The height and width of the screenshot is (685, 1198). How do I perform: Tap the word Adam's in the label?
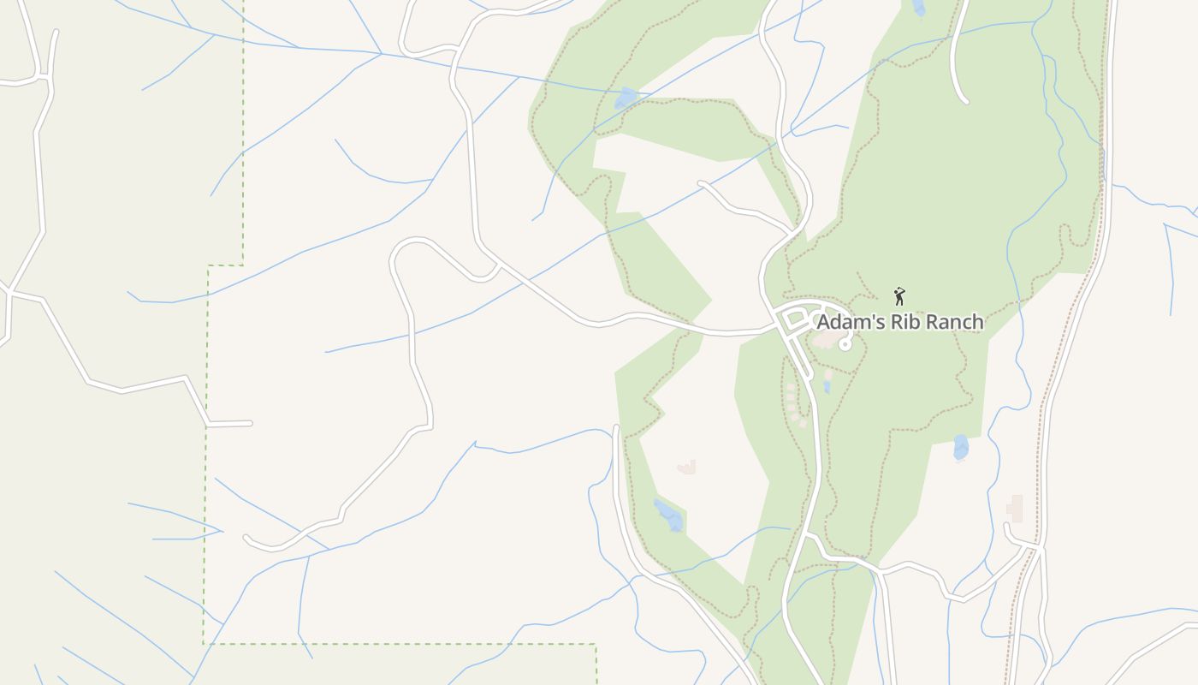(x=846, y=323)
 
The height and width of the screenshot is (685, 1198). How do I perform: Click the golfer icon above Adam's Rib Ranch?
(x=898, y=296)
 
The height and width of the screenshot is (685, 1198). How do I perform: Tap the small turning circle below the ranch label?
(x=845, y=344)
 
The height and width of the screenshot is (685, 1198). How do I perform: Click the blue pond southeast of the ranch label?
(x=961, y=447)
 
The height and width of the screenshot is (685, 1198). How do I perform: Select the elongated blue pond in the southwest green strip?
(x=668, y=515)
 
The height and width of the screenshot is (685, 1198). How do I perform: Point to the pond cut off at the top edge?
(x=918, y=8)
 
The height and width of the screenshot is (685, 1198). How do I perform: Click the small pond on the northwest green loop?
(x=626, y=98)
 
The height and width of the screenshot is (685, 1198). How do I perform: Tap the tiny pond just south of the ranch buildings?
(x=827, y=387)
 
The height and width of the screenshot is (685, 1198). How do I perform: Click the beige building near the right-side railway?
(x=1016, y=508)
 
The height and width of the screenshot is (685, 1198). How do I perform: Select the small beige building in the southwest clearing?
(x=687, y=467)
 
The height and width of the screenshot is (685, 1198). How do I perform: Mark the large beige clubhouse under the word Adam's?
(x=824, y=340)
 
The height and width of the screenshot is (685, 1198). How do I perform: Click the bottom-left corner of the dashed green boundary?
(x=204, y=643)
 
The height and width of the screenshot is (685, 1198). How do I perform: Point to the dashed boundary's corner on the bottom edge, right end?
(x=596, y=645)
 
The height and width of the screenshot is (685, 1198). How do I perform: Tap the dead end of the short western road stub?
(x=250, y=423)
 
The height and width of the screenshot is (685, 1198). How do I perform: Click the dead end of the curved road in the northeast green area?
(x=966, y=102)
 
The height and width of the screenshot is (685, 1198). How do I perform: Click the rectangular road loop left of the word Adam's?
(x=793, y=319)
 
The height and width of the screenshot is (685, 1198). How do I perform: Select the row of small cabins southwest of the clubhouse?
(x=794, y=402)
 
